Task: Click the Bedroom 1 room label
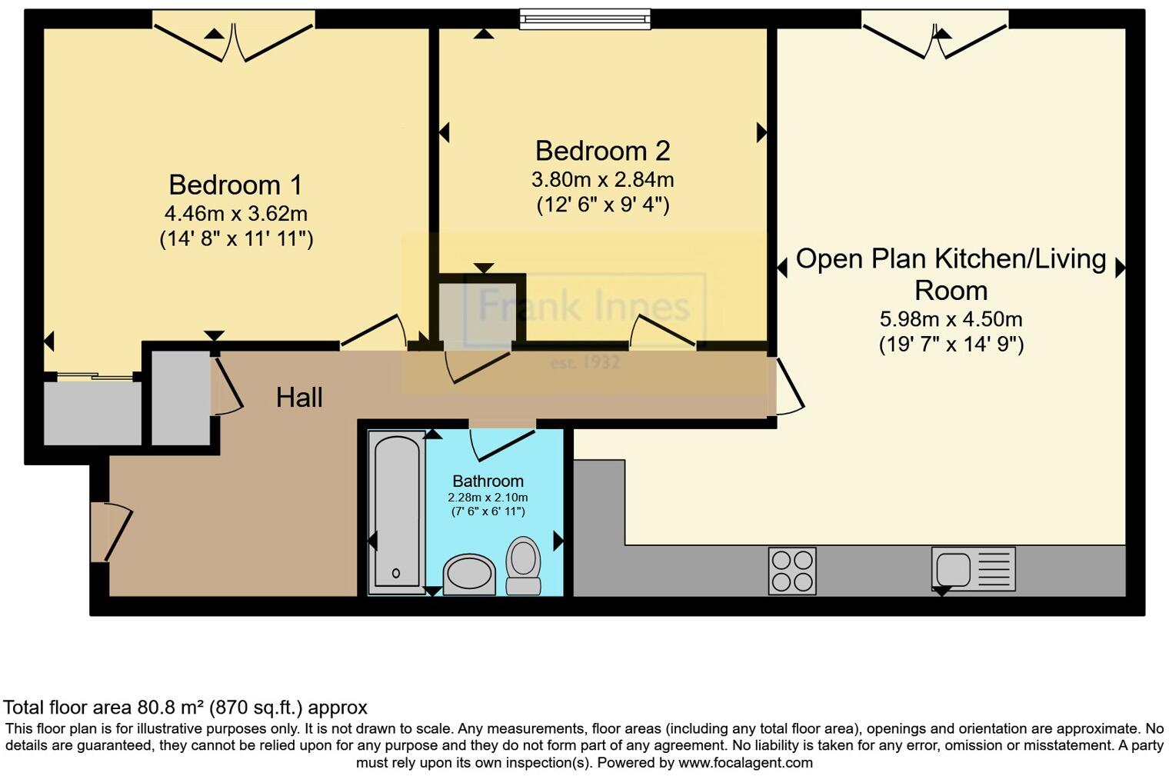[x=235, y=185]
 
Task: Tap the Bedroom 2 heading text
[x=603, y=151]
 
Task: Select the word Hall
[x=299, y=398]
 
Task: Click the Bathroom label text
[x=488, y=481]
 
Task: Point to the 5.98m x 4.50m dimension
[x=951, y=319]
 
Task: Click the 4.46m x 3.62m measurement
[x=236, y=214]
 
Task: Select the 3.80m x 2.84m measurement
[x=603, y=179]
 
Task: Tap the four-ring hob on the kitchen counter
[x=791, y=571]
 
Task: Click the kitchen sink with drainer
[x=974, y=568]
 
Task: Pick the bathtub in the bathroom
[x=397, y=512]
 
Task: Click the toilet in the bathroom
[x=524, y=566]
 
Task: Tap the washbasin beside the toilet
[x=469, y=575]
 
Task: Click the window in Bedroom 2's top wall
[x=585, y=19]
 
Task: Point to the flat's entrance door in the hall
[x=111, y=531]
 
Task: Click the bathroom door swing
[x=502, y=444]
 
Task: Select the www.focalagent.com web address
[x=745, y=763]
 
